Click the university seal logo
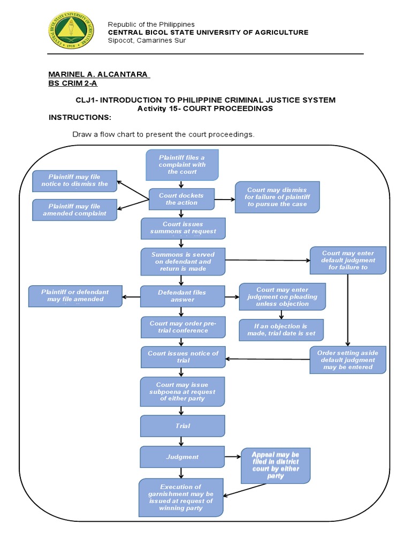click(x=71, y=31)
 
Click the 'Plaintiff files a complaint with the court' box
click(x=181, y=165)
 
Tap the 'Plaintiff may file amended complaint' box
click(x=74, y=210)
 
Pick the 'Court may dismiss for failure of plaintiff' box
click(x=277, y=197)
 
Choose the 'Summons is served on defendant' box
click(x=182, y=261)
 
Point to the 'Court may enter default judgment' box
click(x=348, y=260)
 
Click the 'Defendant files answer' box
click(x=182, y=296)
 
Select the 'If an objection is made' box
click(x=281, y=330)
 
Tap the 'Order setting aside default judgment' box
click(x=348, y=360)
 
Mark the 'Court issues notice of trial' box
click(x=183, y=357)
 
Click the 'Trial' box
click(x=182, y=426)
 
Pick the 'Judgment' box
click(x=182, y=457)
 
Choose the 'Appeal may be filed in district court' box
click(x=276, y=465)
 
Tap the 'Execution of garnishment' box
click(x=181, y=497)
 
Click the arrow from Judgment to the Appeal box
click(x=233, y=457)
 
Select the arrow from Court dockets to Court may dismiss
click(x=225, y=199)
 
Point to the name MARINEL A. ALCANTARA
click(x=99, y=74)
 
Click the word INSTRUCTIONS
click(x=80, y=117)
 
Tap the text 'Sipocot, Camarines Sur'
click(x=147, y=40)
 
